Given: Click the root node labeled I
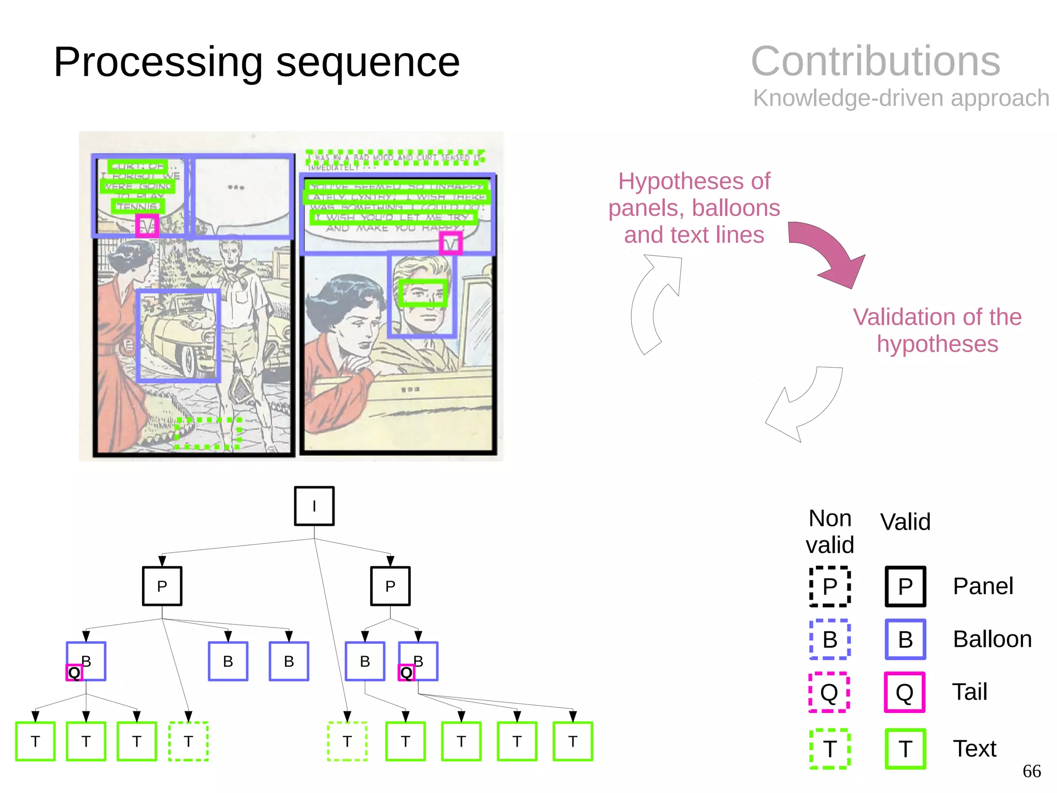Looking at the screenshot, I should pyautogui.click(x=314, y=506).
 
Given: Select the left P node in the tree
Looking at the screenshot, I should pyautogui.click(x=162, y=586).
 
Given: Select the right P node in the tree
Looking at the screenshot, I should pyautogui.click(x=390, y=586).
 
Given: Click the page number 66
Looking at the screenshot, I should pyautogui.click(x=1031, y=771).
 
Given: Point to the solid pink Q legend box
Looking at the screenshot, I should pyautogui.click(x=904, y=692).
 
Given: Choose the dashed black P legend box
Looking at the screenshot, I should pyautogui.click(x=829, y=586).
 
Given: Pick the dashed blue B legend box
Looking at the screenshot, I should pyautogui.click(x=829, y=640).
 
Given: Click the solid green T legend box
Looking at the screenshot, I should pyautogui.click(x=905, y=749).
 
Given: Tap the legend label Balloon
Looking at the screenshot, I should pyautogui.click(x=992, y=639).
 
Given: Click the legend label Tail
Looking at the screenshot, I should pyautogui.click(x=969, y=692).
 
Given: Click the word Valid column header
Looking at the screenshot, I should pyautogui.click(x=905, y=522).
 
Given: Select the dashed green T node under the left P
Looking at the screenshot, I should pyautogui.click(x=188, y=741).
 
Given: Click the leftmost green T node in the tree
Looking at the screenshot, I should pyautogui.click(x=35, y=741).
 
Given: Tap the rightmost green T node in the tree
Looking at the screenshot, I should pyautogui.click(x=572, y=741).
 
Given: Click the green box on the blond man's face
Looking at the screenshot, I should pyautogui.click(x=423, y=293).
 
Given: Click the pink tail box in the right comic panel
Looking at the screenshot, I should pyautogui.click(x=451, y=243).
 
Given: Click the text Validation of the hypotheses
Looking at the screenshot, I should pyautogui.click(x=937, y=330).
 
